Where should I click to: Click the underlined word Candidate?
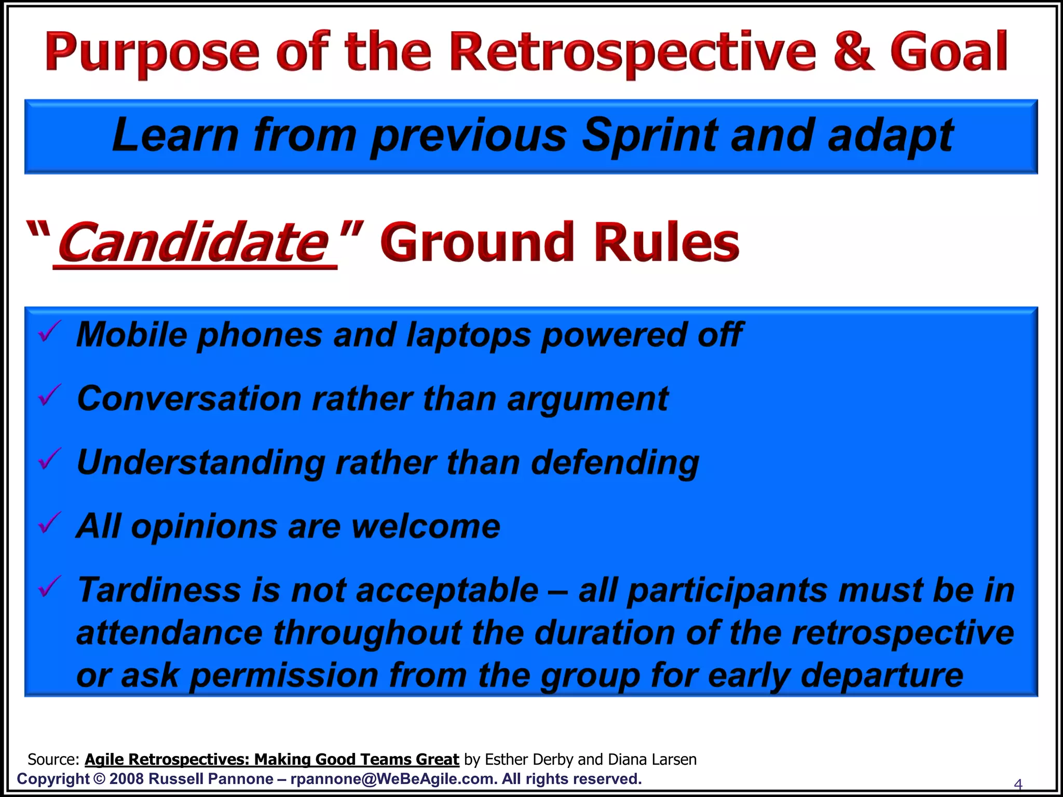[195, 242]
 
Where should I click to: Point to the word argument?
[588, 400]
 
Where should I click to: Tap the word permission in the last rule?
[284, 676]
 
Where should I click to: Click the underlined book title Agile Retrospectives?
[271, 759]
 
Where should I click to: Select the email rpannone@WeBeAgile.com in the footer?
[391, 779]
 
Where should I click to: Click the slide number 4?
[1018, 784]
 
